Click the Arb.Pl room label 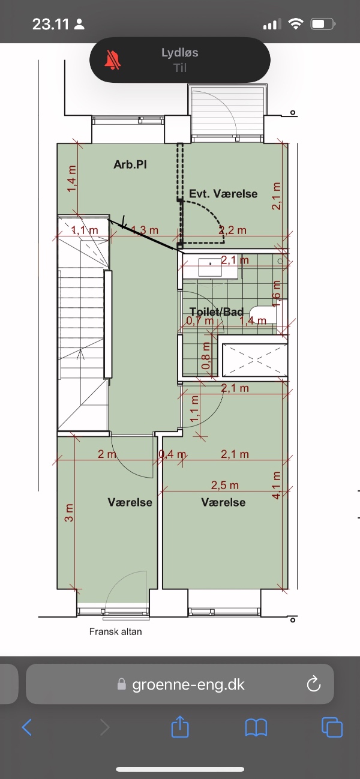click(x=130, y=164)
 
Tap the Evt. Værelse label click(x=223, y=194)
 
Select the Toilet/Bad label click(x=217, y=311)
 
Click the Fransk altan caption click(x=115, y=631)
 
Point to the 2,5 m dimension click(x=224, y=485)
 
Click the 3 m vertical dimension click(x=69, y=513)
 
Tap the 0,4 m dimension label click(x=173, y=454)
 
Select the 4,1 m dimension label click(x=276, y=485)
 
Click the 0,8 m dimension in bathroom click(x=206, y=356)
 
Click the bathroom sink click(x=210, y=267)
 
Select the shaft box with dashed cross click(x=255, y=360)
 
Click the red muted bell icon click(x=112, y=59)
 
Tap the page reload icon click(x=313, y=684)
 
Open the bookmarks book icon click(x=256, y=727)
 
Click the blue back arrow click(x=27, y=727)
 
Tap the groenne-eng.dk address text click(x=188, y=684)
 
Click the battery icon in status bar click(x=323, y=25)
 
